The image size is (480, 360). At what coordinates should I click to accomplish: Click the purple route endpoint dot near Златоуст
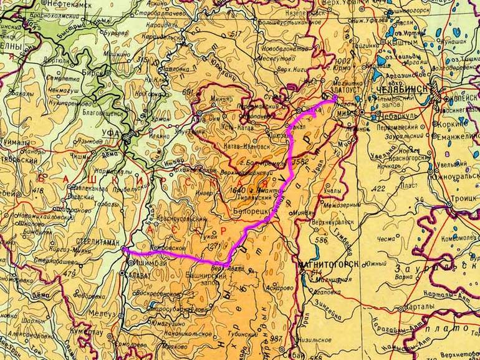(x=335, y=98)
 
